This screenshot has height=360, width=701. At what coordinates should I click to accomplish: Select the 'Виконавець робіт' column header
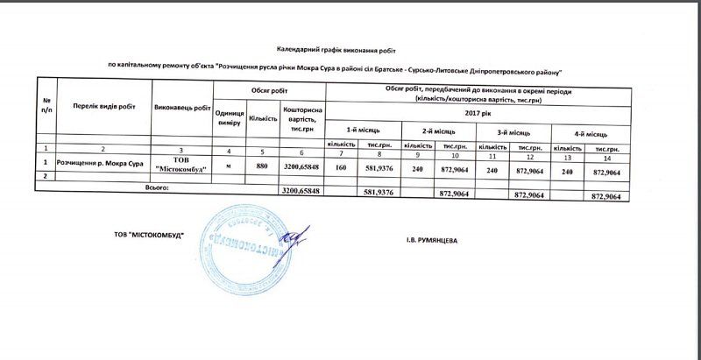pos(182,107)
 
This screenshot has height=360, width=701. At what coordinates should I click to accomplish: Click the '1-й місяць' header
pos(362,130)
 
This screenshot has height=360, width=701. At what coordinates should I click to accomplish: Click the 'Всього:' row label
pos(160,188)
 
